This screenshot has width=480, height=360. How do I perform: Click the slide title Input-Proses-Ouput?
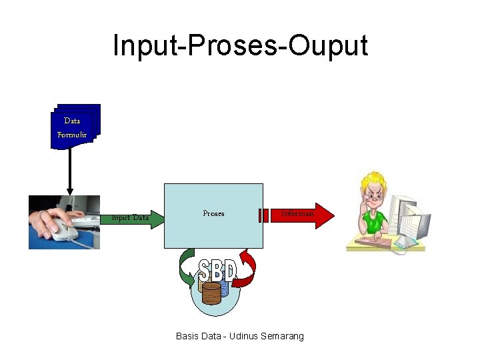pyautogui.click(x=240, y=45)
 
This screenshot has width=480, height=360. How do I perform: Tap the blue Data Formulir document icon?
pyautogui.click(x=75, y=126)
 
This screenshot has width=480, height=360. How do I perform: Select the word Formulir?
pyautogui.click(x=72, y=135)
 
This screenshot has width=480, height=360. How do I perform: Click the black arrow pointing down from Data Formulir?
pyautogui.click(x=69, y=170)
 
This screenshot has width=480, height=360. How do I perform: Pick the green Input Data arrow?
pyautogui.click(x=133, y=217)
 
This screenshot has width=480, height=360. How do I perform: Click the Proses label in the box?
pyautogui.click(x=213, y=213)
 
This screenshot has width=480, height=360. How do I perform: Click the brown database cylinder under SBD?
pyautogui.click(x=211, y=293)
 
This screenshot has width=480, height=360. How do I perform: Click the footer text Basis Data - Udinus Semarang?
pyautogui.click(x=239, y=336)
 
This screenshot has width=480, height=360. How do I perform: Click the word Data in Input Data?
pyautogui.click(x=141, y=217)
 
